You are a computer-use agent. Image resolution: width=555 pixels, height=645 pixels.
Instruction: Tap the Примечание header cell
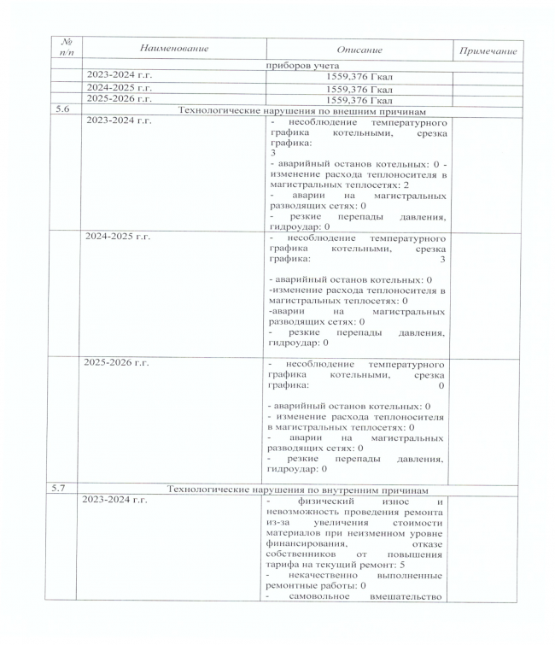coord(488,51)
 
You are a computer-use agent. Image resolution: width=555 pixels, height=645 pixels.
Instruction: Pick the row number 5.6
coord(61,110)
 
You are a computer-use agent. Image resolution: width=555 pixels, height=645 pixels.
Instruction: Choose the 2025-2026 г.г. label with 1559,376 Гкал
coord(120,99)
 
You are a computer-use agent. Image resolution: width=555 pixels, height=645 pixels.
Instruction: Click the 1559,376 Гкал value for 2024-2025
coord(359,89)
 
